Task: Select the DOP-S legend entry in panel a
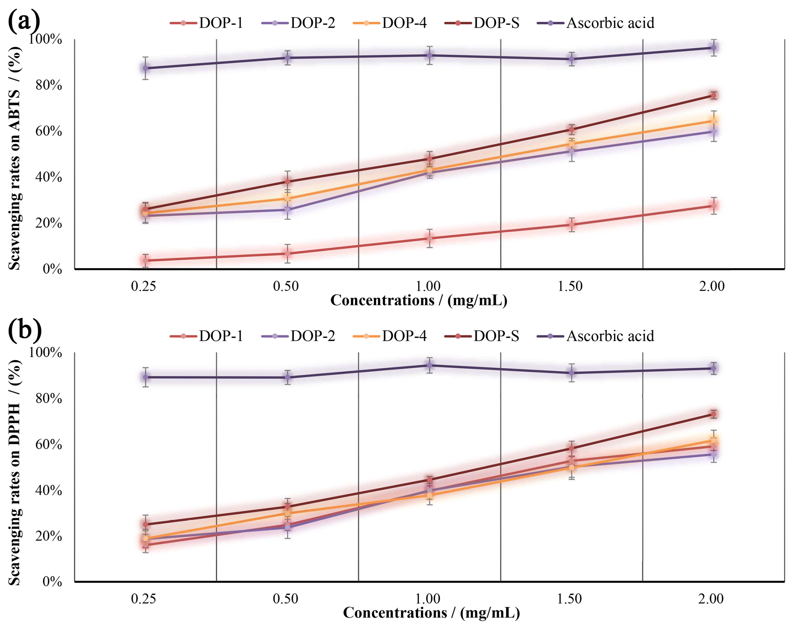[482, 23]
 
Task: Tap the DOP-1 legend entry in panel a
[207, 23]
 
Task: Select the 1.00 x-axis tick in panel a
[428, 286]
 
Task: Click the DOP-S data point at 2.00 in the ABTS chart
[713, 95]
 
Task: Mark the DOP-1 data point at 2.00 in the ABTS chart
[713, 206]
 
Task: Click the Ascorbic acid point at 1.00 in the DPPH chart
[429, 365]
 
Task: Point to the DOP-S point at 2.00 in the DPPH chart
[713, 414]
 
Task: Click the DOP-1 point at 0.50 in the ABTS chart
[288, 253]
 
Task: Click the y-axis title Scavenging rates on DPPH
[15, 472]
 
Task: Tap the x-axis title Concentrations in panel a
[418, 301]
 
